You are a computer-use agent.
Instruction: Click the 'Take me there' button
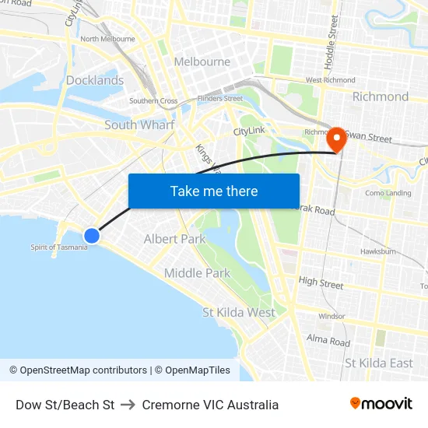point(214,191)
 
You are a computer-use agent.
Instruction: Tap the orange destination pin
point(337,139)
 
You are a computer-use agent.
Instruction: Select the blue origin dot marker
point(91,235)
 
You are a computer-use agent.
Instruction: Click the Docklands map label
point(95,80)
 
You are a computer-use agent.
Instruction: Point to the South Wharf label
point(139,125)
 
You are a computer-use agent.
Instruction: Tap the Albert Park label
point(174,239)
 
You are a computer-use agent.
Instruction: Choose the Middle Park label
point(197,273)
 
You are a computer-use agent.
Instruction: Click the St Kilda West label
point(239,312)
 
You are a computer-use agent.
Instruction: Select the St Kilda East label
point(379,363)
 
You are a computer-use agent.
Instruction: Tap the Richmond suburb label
point(381,96)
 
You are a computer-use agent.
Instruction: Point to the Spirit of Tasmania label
point(58,247)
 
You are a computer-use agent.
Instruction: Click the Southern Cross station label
point(153,101)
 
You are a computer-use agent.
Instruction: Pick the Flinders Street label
point(220,99)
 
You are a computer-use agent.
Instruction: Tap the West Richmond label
point(330,80)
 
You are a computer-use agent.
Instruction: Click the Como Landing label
point(388,193)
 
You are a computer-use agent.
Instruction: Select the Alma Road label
point(328,341)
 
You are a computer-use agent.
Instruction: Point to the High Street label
point(321,284)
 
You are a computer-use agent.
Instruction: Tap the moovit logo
point(381,404)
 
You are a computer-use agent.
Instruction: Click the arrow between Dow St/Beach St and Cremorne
point(128,405)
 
